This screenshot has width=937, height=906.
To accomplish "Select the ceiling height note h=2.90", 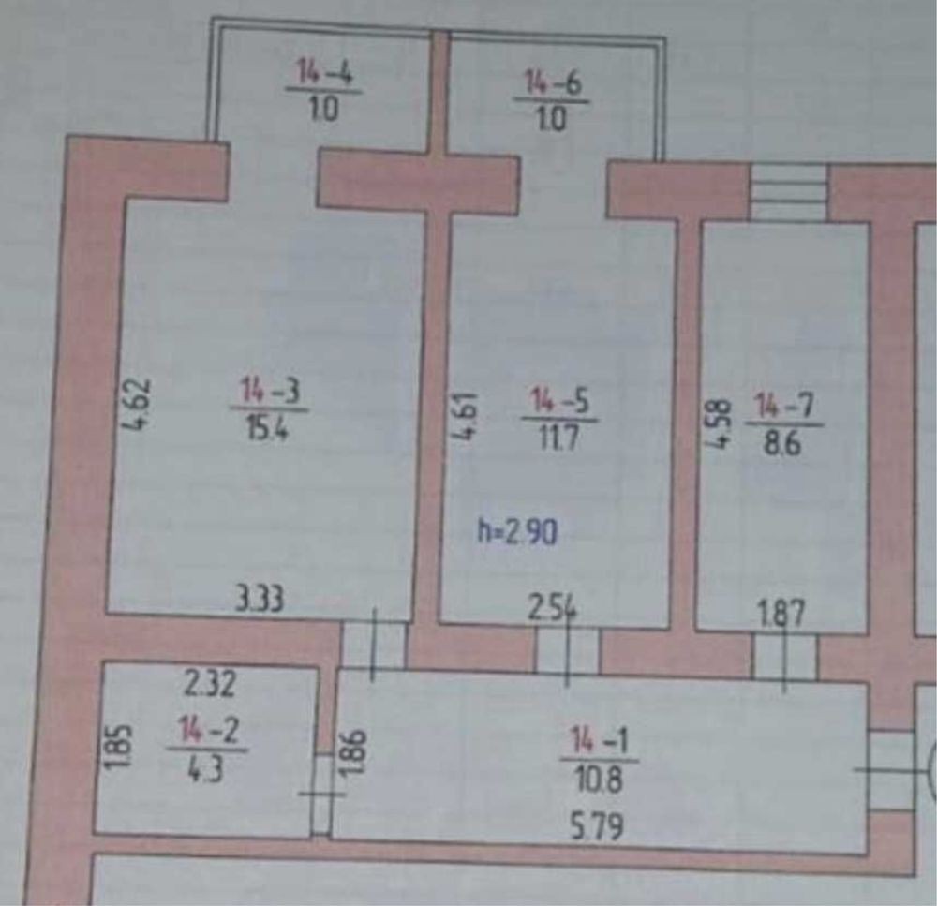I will (518, 533).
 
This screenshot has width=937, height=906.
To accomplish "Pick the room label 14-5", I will (560, 400).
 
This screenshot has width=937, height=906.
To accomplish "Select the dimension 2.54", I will (551, 610).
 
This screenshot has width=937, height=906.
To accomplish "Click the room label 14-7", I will (785, 407).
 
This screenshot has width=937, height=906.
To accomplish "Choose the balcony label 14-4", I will (323, 72).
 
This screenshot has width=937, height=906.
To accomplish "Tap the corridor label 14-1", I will (600, 742).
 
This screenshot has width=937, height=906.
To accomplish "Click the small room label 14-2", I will (207, 730).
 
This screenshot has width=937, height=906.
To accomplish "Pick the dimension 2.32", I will (210, 685).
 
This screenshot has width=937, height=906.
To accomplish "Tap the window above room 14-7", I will (789, 192).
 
